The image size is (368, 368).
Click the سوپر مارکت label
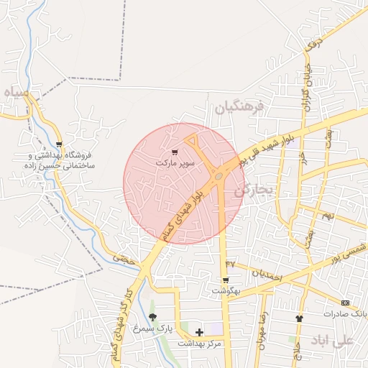pos(176,164)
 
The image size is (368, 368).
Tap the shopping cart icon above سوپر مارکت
pos(175,152)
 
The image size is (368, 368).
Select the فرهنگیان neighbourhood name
pos(239,108)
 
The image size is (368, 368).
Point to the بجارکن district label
pos(254,190)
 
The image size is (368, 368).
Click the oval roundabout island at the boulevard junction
pos(218,175)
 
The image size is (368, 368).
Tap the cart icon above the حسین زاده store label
pos(59,144)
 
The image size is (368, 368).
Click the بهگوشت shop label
pos(226,290)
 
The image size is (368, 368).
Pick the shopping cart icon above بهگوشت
pos(226,280)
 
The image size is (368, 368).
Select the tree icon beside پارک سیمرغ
pos(152,317)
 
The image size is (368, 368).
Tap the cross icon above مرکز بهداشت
pos(199,331)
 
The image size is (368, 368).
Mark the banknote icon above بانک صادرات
pos(346,303)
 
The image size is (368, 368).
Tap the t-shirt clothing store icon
pos(299,318)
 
